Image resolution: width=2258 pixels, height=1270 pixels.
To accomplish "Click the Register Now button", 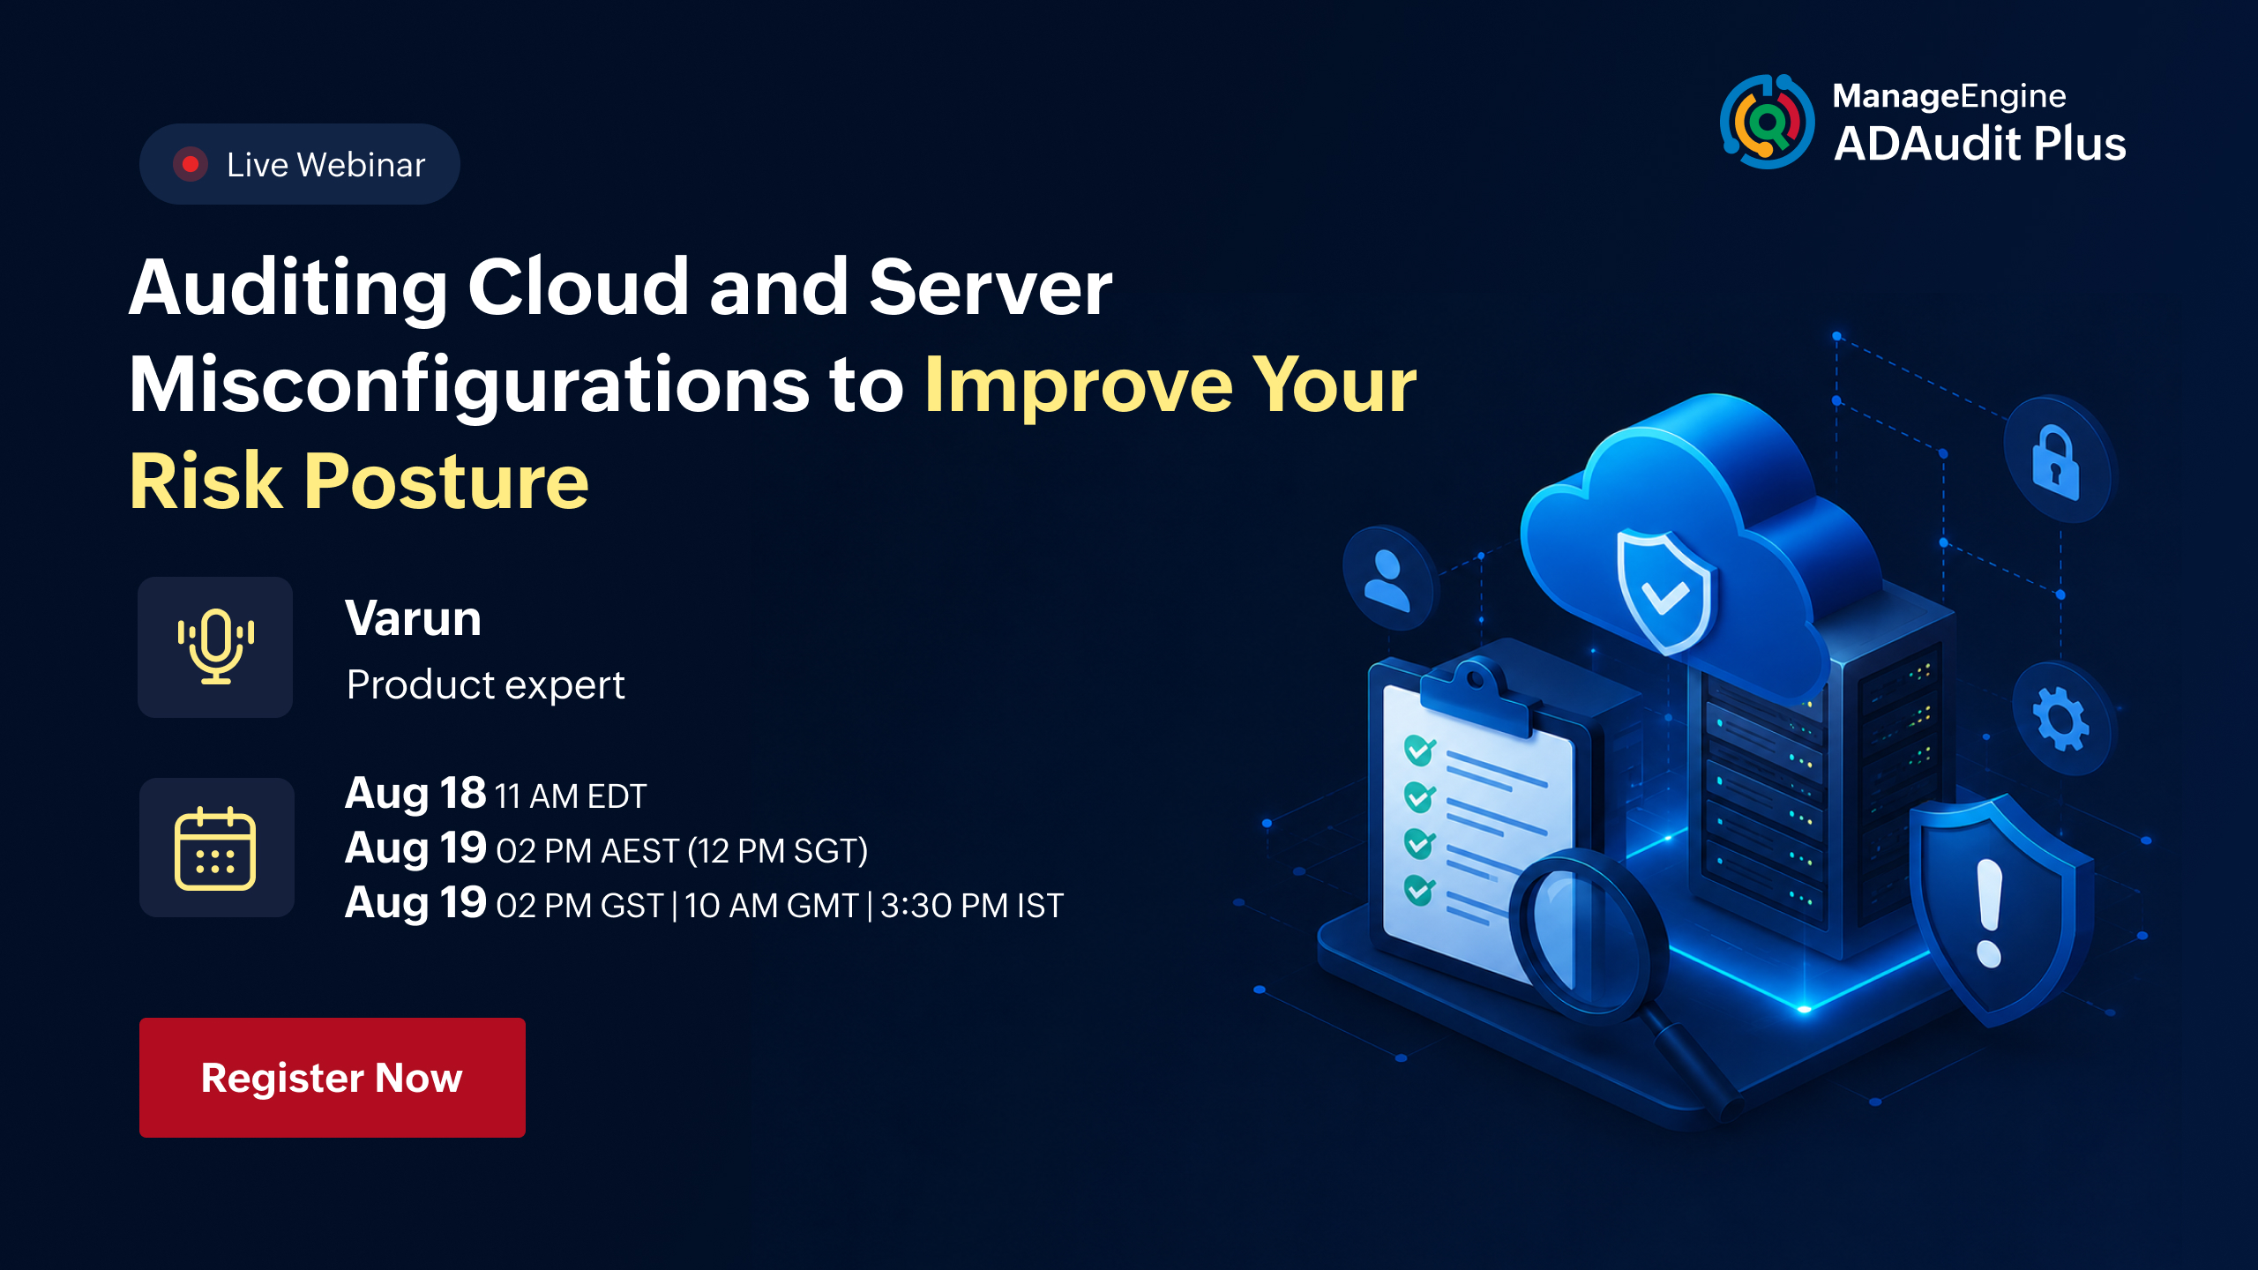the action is (x=333, y=1077).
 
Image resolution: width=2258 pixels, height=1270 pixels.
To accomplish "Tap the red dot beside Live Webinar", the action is (x=190, y=164).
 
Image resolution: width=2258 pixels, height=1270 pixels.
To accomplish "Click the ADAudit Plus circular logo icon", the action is (x=1767, y=122).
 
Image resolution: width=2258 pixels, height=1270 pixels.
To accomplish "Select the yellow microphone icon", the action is (x=216, y=646).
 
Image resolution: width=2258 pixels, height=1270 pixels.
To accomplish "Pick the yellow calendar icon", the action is (x=215, y=848).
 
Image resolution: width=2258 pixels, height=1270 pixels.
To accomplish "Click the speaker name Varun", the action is (x=413, y=617).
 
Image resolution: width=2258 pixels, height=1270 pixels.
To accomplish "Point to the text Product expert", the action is (x=485, y=685).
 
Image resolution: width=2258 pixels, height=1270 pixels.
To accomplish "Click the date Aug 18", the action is (x=415, y=794).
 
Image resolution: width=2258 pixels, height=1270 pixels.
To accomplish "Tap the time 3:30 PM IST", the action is (x=972, y=906).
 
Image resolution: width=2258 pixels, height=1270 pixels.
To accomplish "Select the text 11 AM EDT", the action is (x=571, y=796).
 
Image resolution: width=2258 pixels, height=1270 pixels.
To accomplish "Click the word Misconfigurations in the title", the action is (x=469, y=385).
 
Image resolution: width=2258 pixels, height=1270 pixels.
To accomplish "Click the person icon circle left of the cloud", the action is (x=1387, y=579).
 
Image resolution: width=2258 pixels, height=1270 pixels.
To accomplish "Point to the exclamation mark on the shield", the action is (x=1989, y=913).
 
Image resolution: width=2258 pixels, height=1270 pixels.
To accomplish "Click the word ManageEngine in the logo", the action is (x=1949, y=96).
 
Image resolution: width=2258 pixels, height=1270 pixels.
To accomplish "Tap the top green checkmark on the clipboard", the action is (x=1419, y=751).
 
